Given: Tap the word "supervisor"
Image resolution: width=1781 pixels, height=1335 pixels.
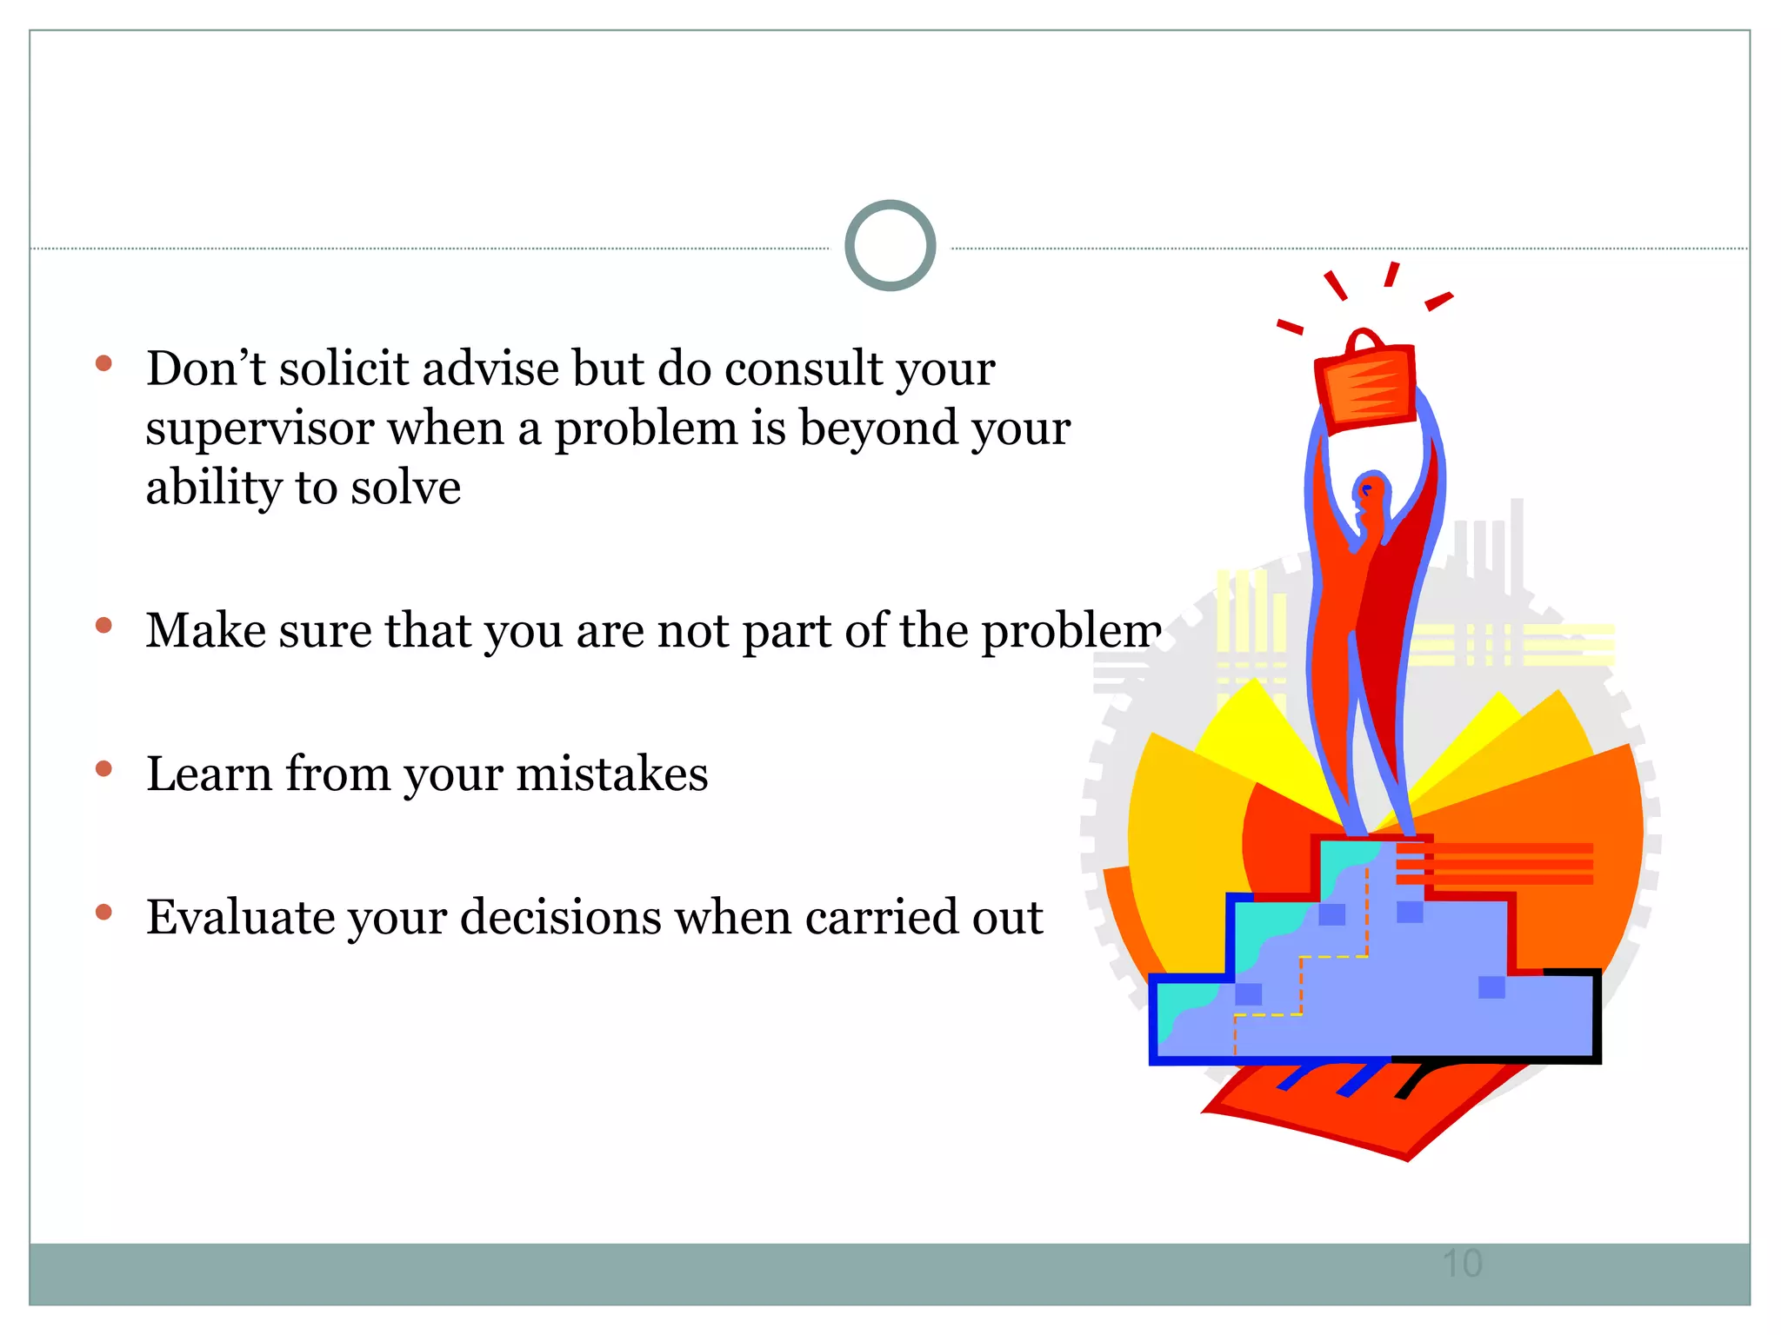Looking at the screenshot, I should click(259, 428).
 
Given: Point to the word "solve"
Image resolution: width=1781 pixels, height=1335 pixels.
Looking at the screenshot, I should click(405, 488).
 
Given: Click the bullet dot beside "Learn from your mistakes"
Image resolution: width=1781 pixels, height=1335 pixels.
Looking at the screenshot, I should click(104, 768).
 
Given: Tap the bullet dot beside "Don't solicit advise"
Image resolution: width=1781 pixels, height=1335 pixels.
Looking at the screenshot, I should click(104, 363).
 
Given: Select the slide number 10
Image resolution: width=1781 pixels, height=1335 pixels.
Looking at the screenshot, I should click(1462, 1263).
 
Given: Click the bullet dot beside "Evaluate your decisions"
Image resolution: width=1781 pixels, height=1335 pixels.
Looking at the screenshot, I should click(104, 912).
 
